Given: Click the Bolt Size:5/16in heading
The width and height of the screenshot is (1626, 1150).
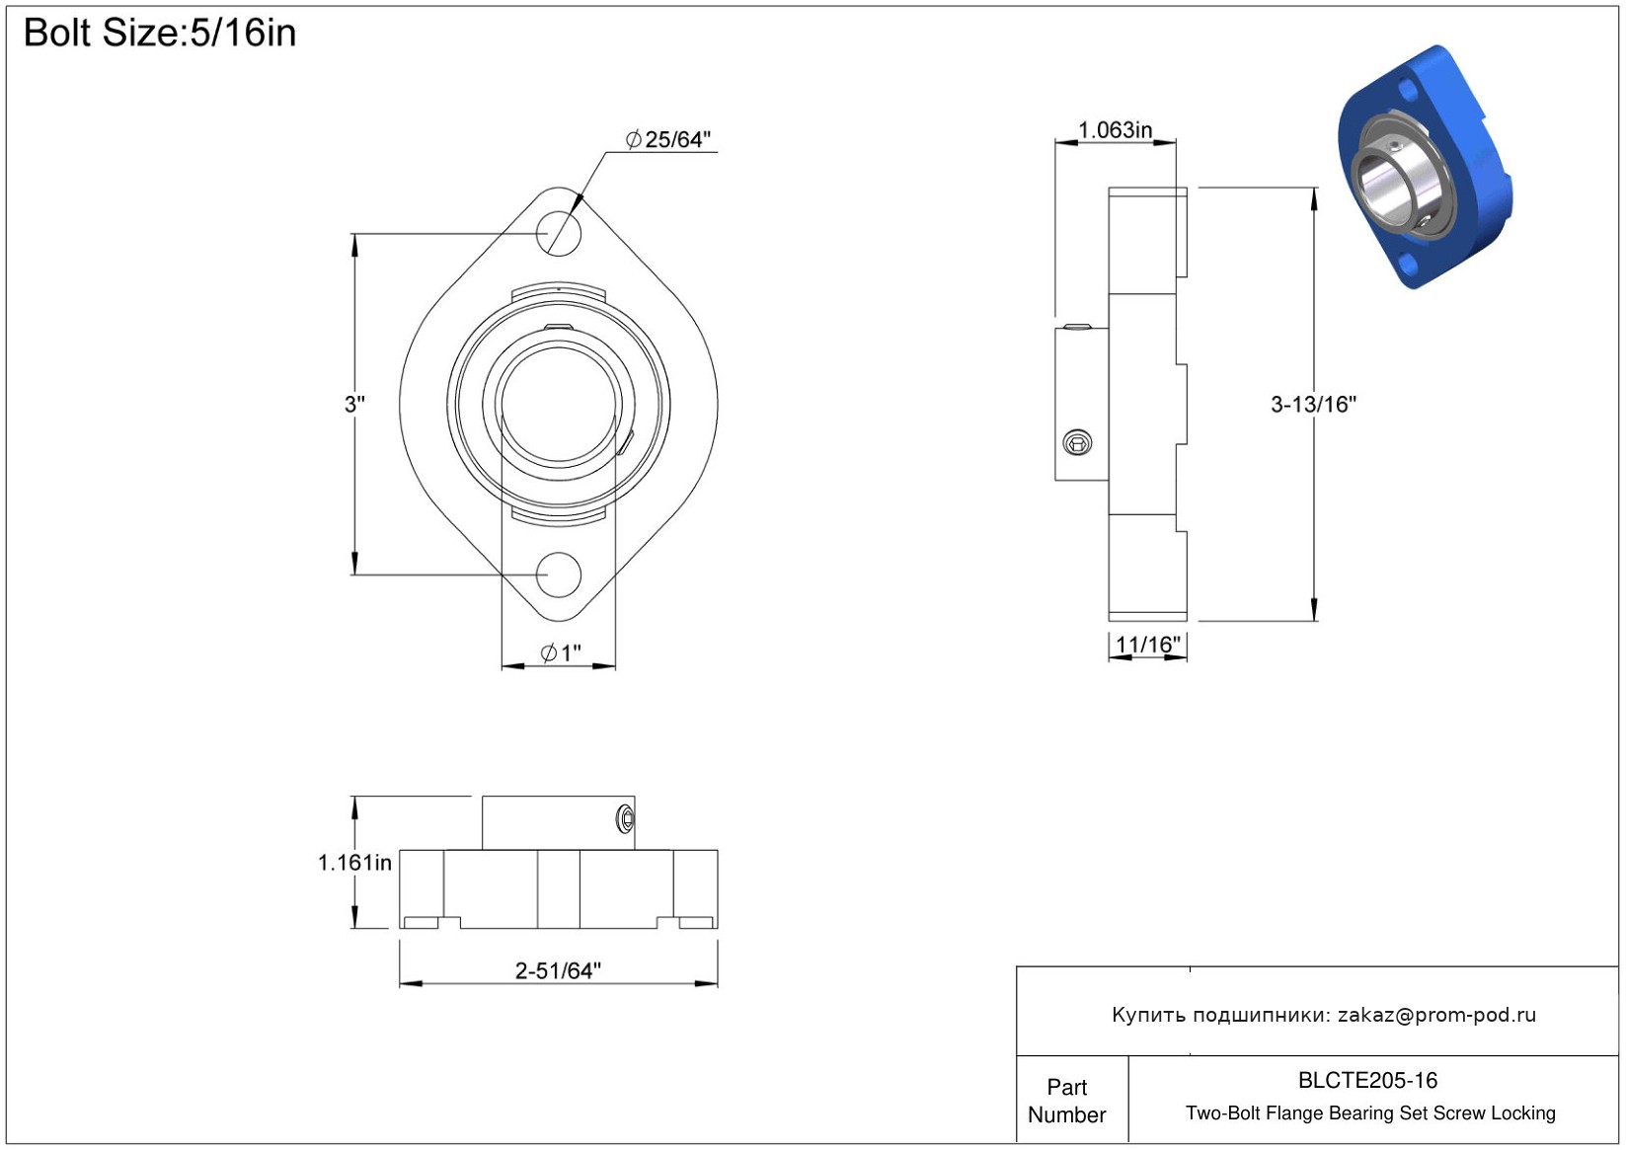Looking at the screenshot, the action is point(160,34).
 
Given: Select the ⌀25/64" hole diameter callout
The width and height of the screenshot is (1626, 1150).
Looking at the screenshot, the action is point(667,138).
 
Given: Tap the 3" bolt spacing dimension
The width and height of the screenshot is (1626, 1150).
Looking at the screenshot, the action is point(354,404).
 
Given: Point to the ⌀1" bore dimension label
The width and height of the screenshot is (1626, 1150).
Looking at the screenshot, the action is point(561,652).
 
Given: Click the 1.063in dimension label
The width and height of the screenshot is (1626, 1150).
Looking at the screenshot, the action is point(1115,130).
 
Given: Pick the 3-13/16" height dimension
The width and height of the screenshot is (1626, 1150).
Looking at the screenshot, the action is point(1313,404).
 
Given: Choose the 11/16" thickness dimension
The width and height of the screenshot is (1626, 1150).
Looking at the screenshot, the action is point(1147,644).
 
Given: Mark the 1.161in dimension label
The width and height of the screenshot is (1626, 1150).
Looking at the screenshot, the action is point(354,863).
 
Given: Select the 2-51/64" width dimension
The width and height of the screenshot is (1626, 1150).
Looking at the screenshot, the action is point(558,970).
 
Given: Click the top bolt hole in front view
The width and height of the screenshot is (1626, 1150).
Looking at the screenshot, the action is point(558,233).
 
